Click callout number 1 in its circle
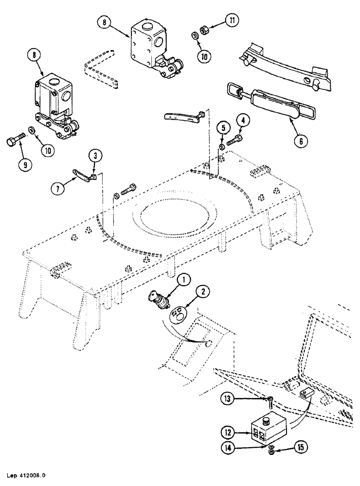(183, 280)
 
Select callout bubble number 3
(95, 156)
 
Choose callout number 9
(22, 164)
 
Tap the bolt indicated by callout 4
(234, 140)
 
